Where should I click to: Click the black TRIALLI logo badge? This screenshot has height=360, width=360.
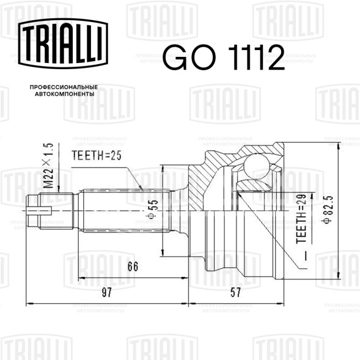point(63,43)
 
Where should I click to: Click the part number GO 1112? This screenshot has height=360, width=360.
point(224,57)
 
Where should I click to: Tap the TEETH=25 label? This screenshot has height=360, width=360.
point(96,155)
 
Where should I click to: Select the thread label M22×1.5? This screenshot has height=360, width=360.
point(48,166)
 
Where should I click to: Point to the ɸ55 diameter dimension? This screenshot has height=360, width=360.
point(152,209)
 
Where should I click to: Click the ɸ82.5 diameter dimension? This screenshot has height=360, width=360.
point(328,210)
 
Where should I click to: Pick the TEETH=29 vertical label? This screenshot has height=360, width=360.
point(301,219)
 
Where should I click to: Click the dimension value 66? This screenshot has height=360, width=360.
point(133,266)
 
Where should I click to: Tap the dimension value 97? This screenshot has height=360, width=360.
point(106,292)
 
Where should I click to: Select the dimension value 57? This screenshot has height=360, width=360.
point(236,292)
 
